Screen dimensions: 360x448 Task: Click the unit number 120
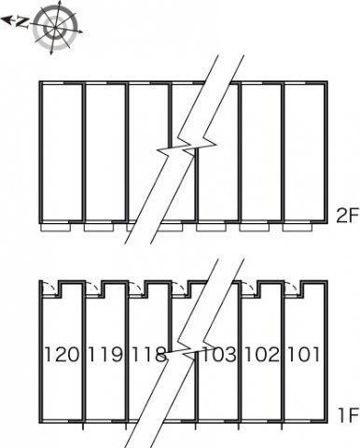pyautogui.click(x=62, y=355)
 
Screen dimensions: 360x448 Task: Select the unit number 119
pyautogui.click(x=105, y=355)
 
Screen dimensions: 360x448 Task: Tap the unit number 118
pyautogui.click(x=148, y=355)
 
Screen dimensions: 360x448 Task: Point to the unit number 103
pyautogui.click(x=219, y=355)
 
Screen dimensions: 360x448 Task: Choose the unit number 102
pyautogui.click(x=262, y=355)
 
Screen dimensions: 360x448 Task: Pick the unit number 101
pyautogui.click(x=304, y=355)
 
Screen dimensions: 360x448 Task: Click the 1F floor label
pyautogui.click(x=348, y=414)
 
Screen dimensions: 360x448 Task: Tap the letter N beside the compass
pyautogui.click(x=21, y=22)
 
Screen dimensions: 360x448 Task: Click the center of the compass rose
pyautogui.click(x=55, y=28)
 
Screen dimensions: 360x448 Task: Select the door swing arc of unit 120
pyautogui.click(x=50, y=287)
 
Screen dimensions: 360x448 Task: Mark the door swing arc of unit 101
pyautogui.click(x=294, y=287)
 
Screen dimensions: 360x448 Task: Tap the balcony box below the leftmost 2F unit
pyautogui.click(x=56, y=228)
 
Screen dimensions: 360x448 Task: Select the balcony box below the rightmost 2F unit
pyautogui.click(x=298, y=228)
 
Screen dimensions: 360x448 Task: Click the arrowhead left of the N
pyautogui.click(x=7, y=20)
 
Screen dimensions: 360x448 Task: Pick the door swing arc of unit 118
pyautogui.click(x=137, y=287)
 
